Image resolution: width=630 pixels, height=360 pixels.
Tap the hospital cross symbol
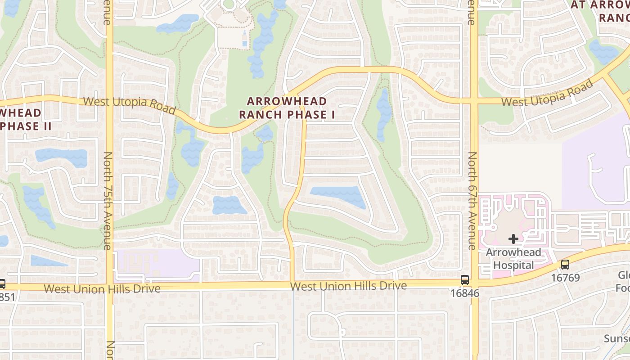point(513,239)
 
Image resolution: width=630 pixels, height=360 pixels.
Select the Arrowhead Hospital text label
point(513,259)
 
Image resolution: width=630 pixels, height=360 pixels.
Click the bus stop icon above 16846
point(465,280)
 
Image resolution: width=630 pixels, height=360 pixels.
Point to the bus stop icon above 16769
point(565,265)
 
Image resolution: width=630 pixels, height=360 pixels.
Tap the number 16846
point(465,293)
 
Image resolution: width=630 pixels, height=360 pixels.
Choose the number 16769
point(565,278)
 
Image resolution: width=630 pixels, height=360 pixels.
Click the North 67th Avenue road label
point(472,200)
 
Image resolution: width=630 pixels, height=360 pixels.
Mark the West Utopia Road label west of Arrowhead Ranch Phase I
point(129,104)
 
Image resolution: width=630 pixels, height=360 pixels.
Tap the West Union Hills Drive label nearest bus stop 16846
point(348,286)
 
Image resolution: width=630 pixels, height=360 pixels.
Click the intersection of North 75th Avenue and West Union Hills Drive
point(109,286)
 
